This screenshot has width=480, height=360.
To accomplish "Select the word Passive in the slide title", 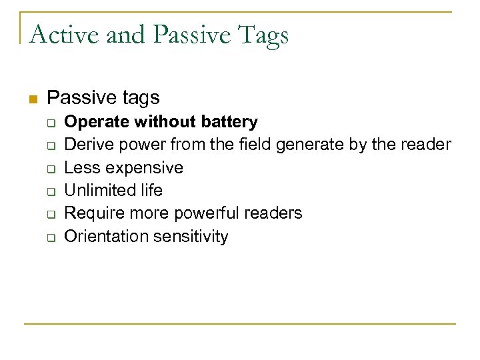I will tap(185, 33).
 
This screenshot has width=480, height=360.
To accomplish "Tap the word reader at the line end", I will tap(428, 144).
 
